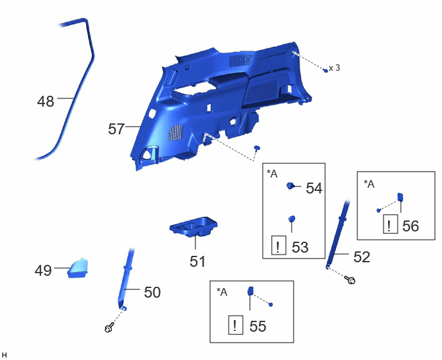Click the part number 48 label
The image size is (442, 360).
pyautogui.click(x=46, y=102)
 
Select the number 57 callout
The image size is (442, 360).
pyautogui.click(x=116, y=129)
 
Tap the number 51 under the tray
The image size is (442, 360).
pyautogui.click(x=197, y=261)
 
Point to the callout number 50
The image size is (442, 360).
pyautogui.click(x=152, y=292)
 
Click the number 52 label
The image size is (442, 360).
pyautogui.click(x=362, y=256)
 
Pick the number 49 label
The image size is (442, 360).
pyautogui.click(x=43, y=271)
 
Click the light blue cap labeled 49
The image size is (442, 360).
pyautogui.click(x=78, y=268)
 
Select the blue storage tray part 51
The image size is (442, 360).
pyautogui.click(x=193, y=226)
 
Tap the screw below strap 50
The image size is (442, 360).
pyautogui.click(x=109, y=328)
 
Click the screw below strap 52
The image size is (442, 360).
pyautogui.click(x=350, y=280)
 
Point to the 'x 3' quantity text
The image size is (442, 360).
pyautogui.click(x=335, y=67)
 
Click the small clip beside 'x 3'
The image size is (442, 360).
pyautogui.click(x=326, y=70)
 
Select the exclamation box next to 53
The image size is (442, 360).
pyautogui.click(x=279, y=245)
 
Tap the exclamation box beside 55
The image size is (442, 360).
pyautogui.click(x=235, y=325)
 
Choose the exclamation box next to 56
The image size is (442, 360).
pyautogui.click(x=391, y=224)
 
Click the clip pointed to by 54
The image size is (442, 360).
pyautogui.click(x=290, y=186)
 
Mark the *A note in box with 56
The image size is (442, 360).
pyautogui.click(x=369, y=184)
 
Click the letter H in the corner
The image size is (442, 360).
pyautogui.click(x=4, y=355)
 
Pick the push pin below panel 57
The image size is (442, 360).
pyautogui.click(x=256, y=148)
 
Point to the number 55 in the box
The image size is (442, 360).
pyautogui.click(x=258, y=326)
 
